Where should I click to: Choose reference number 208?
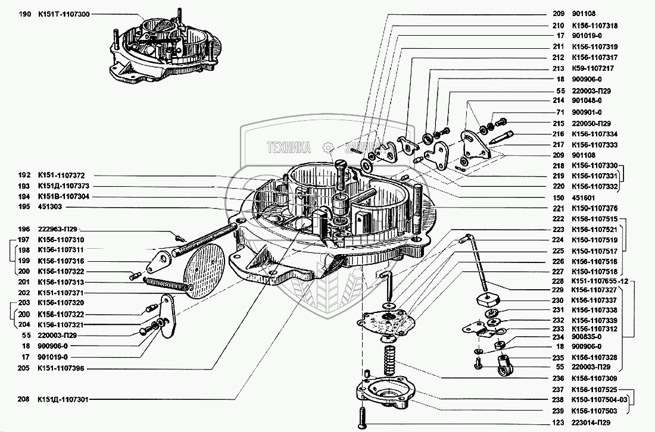[x=24, y=399]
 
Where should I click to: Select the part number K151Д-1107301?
[x=64, y=399]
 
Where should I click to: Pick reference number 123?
[x=558, y=423]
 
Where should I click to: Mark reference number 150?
[x=558, y=197]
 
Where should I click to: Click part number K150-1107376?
[x=594, y=208]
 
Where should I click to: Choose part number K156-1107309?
[x=594, y=378]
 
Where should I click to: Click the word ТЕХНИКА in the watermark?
[x=289, y=146]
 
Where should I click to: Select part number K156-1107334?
[x=594, y=134]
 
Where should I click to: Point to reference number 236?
[x=558, y=378]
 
